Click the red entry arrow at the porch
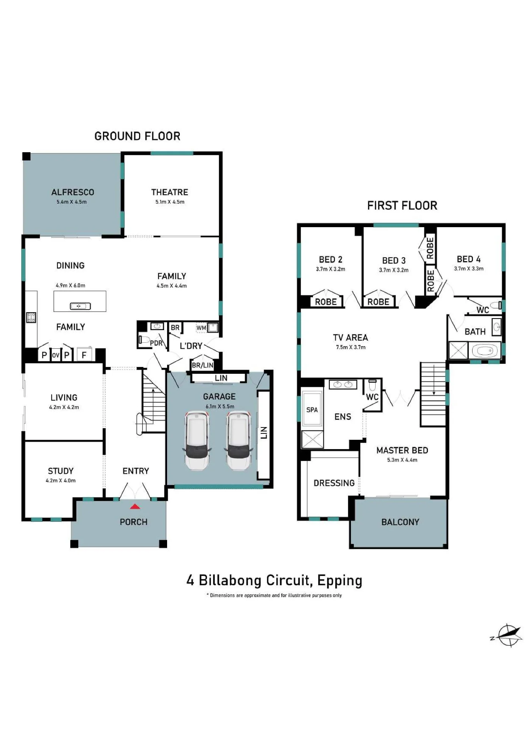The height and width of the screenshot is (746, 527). tap(135, 506)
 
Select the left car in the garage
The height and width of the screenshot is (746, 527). tap(197, 440)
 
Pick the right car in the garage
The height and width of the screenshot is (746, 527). tap(239, 440)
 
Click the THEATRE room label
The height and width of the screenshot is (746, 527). tap(170, 192)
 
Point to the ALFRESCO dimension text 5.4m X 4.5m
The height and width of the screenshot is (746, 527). tap(72, 202)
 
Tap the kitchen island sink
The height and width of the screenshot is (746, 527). tap(81, 306)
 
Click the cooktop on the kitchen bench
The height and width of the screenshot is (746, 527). tap(31, 317)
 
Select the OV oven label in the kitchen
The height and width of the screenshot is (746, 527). tap(56, 355)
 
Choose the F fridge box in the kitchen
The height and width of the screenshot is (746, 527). tap(84, 355)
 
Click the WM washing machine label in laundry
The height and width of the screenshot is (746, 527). tap(201, 328)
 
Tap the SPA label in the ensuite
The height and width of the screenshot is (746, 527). tap(312, 410)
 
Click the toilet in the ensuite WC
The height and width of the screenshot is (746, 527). tap(372, 385)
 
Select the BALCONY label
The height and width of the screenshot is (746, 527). tap(400, 522)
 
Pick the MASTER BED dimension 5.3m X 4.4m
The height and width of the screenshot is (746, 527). tap(402, 460)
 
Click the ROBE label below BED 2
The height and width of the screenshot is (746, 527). tap(326, 302)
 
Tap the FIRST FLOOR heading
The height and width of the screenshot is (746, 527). tap(402, 206)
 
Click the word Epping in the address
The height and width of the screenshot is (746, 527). tap(340, 581)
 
